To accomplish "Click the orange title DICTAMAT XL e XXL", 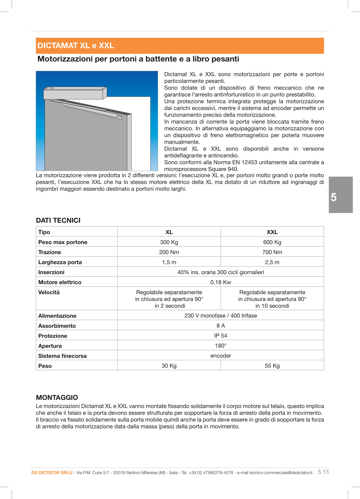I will [76, 46].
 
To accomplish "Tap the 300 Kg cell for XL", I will [169, 242].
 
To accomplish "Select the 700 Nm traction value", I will [272, 252].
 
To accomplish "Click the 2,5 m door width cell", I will [272, 262].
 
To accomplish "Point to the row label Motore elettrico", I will [60, 282].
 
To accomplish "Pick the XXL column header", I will [272, 232].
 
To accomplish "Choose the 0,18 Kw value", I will [220, 282].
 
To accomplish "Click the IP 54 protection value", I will [220, 336].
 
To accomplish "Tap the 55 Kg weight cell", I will [272, 366].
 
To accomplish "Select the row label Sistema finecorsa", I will [62, 356].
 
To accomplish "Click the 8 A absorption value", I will [220, 326].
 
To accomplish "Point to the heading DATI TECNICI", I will [58, 221].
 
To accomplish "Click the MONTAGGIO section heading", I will [57, 397].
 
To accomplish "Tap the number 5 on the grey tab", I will [334, 197].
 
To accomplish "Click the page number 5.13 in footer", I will [323, 472].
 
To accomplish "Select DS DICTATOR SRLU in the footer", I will [52, 473].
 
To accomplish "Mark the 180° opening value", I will [220, 346].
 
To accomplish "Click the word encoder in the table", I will [220, 356].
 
